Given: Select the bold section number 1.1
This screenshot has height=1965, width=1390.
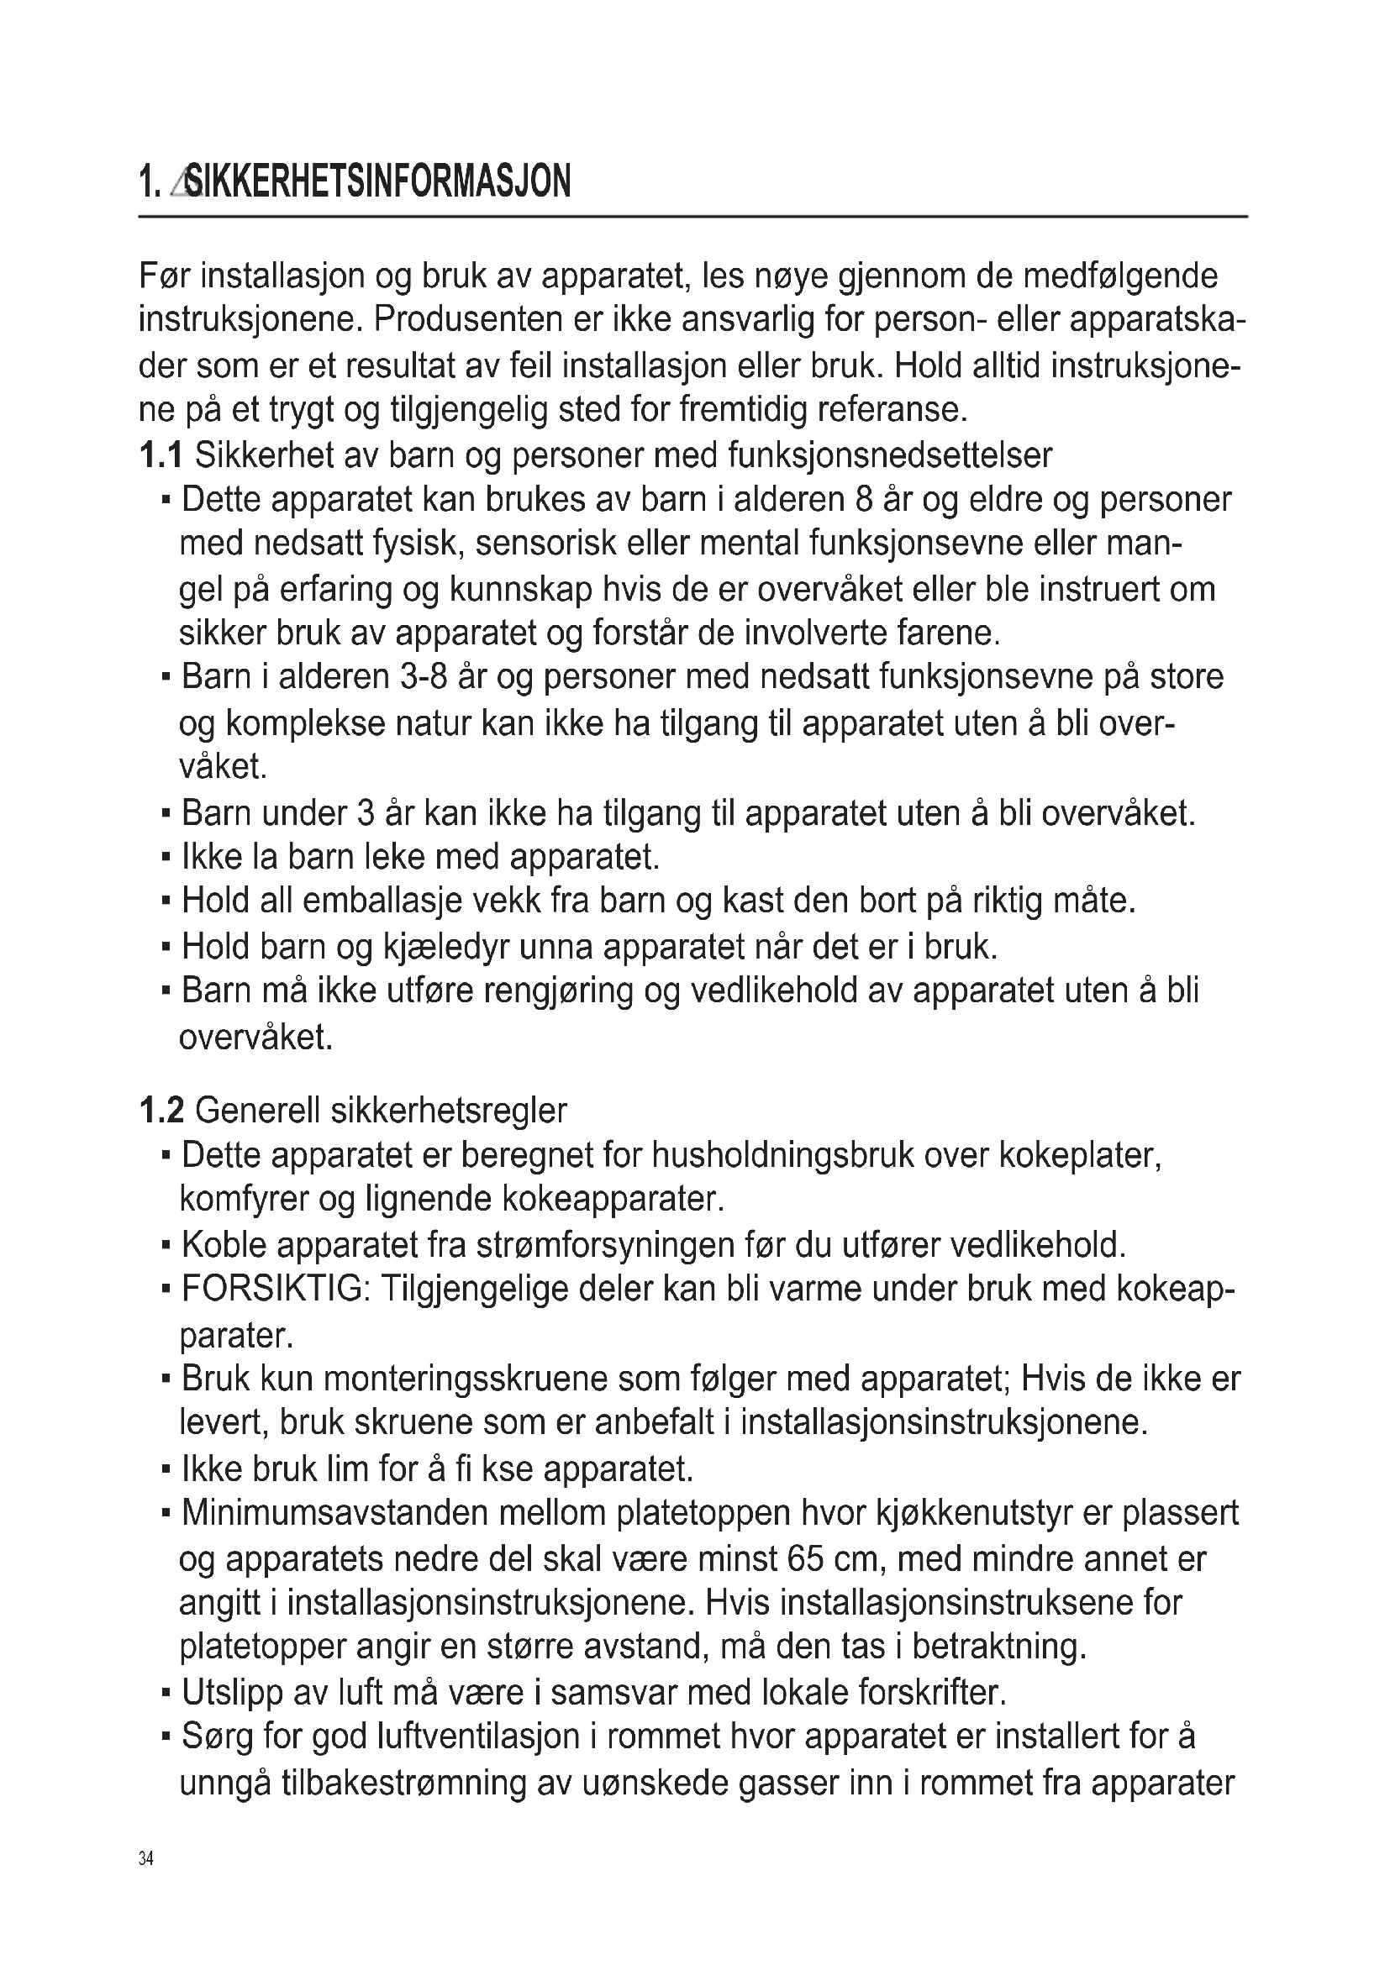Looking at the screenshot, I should pos(160,455).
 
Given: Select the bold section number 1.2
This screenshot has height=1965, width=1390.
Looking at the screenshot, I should pos(161,1111).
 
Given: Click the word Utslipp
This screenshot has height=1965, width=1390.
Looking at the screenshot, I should pos(232,1693).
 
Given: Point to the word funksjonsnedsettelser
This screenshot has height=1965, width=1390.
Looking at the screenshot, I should pos(890,455).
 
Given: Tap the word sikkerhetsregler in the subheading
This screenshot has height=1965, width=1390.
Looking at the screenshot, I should pos(449,1111).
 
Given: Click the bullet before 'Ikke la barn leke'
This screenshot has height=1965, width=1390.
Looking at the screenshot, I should pos(166,856).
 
